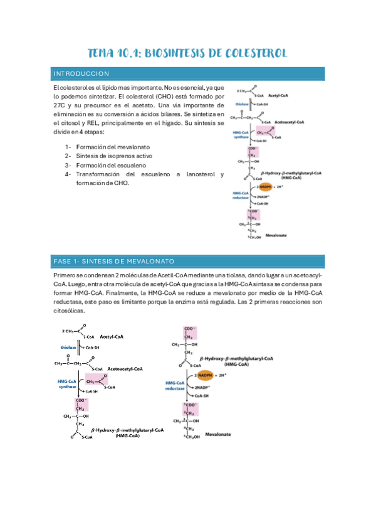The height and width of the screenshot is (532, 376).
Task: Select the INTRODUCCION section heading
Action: [x=82, y=74]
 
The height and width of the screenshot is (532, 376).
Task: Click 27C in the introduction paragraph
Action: [x=61, y=106]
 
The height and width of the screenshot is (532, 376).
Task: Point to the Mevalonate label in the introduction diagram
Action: [x=276, y=236]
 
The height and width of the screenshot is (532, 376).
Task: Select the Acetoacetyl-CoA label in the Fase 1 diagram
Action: [x=125, y=369]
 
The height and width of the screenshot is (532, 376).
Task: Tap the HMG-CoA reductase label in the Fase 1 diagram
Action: [x=175, y=386]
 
